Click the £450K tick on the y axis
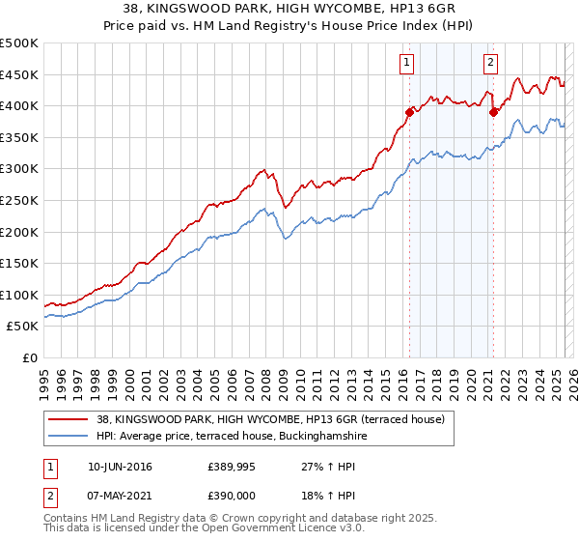click(x=19, y=74)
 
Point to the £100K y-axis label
click(x=19, y=295)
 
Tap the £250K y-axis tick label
click(x=19, y=200)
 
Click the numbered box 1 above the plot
click(x=406, y=63)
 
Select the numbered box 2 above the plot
click(x=490, y=63)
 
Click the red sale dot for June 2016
click(x=409, y=112)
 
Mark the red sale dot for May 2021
click(x=493, y=112)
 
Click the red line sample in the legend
click(x=69, y=419)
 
